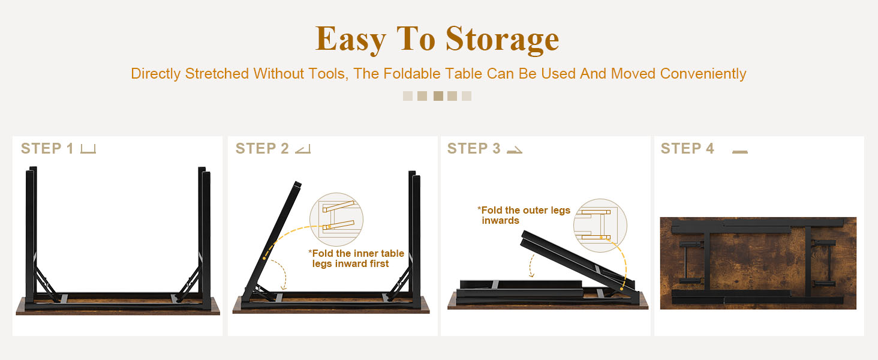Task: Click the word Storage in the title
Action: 502,40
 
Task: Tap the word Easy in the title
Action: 350,40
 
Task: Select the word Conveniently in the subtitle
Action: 703,74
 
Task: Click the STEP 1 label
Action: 47,149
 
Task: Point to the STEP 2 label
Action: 262,149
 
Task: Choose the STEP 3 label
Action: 474,149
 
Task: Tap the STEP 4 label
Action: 687,149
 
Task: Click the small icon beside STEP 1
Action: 88,149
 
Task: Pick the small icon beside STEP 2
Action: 303,149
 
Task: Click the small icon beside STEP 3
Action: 514,150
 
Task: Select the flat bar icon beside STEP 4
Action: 740,152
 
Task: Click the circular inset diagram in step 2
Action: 336,220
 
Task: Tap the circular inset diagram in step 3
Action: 600,226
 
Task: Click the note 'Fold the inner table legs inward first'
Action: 356,259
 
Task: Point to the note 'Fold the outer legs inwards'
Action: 524,215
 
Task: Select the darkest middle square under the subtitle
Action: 438,96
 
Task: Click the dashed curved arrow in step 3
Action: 531,266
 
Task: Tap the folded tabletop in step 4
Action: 758,263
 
